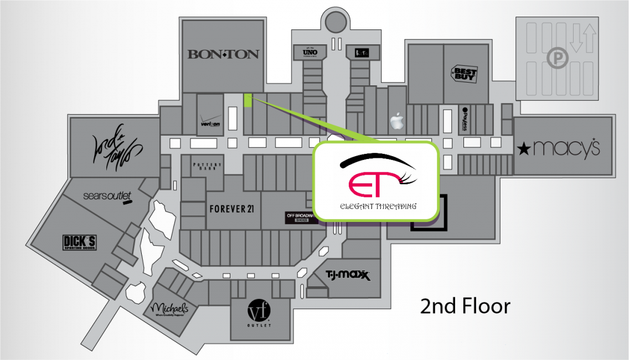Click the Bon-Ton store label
223,54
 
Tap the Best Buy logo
465,74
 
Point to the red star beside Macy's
523,148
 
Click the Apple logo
396,121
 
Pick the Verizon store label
210,123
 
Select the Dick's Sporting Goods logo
80,242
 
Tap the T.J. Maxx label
347,275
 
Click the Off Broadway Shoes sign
301,218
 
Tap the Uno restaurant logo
309,52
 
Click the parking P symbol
554,56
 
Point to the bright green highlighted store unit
248,100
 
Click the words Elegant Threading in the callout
378,206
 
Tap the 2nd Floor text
465,306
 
